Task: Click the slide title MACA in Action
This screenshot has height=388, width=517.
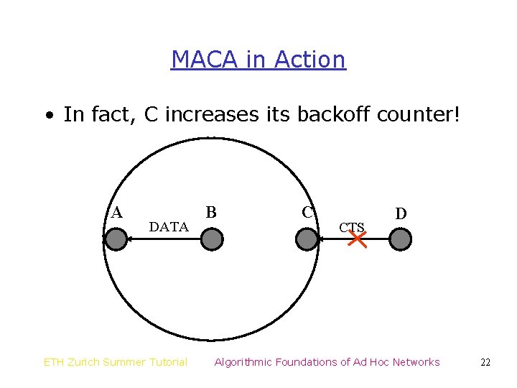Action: pos(258,59)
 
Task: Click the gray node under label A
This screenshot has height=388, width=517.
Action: pos(116,239)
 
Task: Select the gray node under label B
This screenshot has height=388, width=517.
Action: pos(211,239)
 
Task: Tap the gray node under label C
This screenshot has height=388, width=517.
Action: pos(307,239)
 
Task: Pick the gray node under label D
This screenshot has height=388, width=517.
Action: pos(401,239)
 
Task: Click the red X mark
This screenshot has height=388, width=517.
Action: pos(357,239)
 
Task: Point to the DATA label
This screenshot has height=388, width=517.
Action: pos(169,227)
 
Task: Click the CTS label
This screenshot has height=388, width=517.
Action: pos(352,228)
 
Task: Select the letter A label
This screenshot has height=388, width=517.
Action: pos(116,212)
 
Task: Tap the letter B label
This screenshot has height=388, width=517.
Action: pos(211,212)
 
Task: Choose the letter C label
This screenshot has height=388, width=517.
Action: pos(307,212)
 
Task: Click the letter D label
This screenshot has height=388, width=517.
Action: pos(401,213)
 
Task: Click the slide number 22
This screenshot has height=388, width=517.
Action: pos(485,363)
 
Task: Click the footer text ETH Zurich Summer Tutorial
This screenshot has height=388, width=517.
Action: pos(116,362)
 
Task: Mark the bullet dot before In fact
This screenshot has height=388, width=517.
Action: pos(49,115)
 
